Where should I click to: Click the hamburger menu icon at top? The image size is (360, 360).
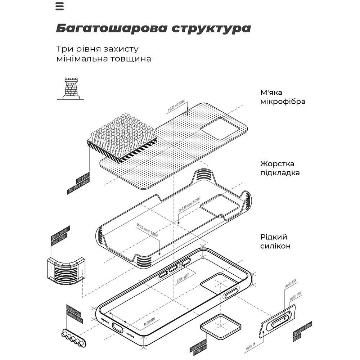(59, 6)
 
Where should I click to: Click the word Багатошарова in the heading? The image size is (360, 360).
(110, 28)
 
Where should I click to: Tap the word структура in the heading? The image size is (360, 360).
(210, 28)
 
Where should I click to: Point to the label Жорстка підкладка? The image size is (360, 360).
(280, 168)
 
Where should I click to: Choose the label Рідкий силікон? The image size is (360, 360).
(275, 242)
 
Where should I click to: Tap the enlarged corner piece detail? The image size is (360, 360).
(66, 270)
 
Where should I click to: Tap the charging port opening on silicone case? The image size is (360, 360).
(118, 328)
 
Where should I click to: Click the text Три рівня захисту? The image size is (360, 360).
(97, 49)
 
